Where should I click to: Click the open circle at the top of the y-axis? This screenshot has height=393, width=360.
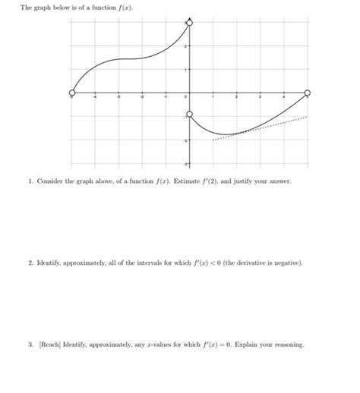(189, 24)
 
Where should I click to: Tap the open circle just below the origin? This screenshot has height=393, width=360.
(189, 115)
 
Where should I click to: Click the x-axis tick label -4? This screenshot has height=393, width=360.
(96, 98)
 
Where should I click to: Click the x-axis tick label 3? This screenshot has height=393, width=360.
(260, 98)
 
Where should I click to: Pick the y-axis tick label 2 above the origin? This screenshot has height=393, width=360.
(185, 46)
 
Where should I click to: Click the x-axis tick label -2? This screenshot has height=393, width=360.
(142, 98)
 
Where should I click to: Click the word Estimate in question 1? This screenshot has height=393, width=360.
(187, 183)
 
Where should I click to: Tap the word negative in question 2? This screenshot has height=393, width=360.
(286, 263)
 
